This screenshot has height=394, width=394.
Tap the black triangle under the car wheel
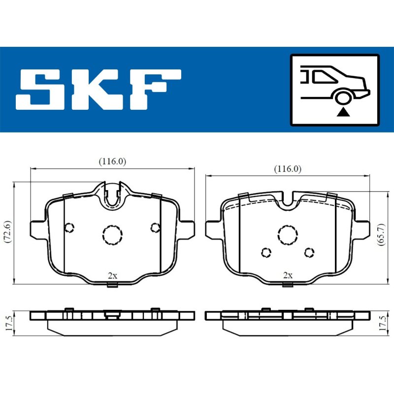coord(343,112)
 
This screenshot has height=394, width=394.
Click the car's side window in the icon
coord(324,76)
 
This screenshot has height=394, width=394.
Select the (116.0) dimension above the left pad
coord(112,162)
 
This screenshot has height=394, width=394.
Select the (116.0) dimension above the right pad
coord(288,169)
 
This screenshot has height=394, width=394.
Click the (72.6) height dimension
coord(8,231)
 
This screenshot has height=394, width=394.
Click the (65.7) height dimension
coord(381,234)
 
